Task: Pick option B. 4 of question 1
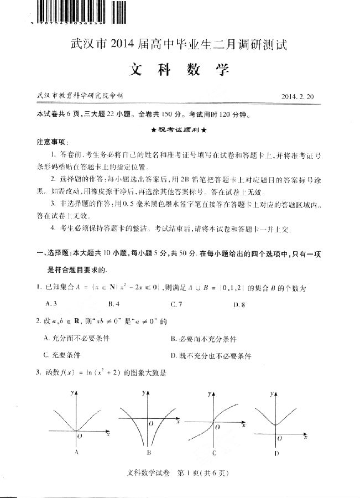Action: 114,304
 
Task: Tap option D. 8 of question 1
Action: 239,304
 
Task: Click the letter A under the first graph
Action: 76,453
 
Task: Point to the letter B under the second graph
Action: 149,453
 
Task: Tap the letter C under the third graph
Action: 213,453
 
